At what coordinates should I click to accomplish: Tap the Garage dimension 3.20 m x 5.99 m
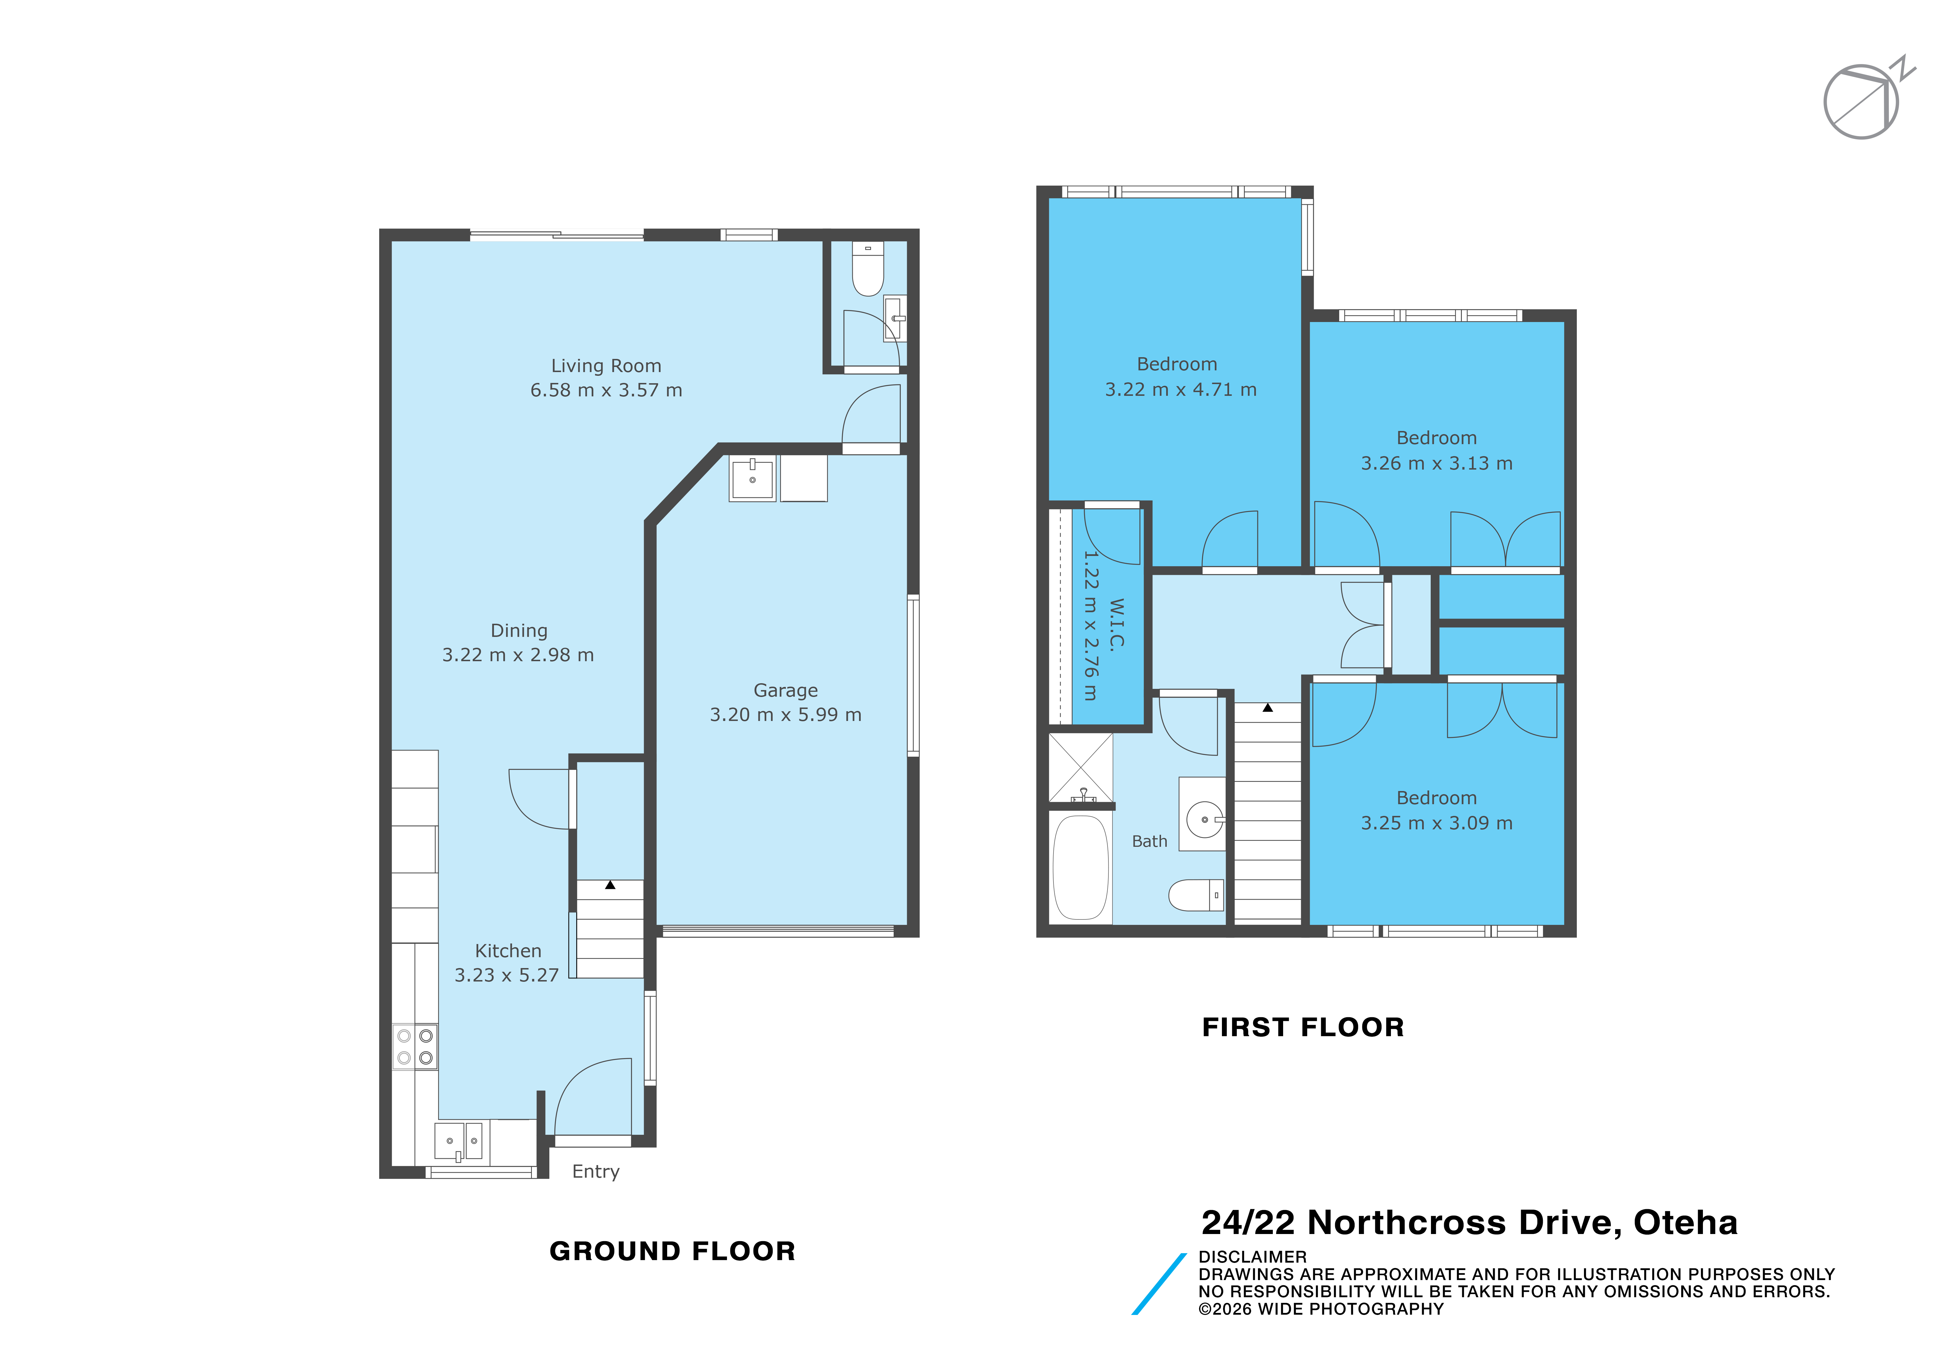[786, 715]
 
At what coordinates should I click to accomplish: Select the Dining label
[519, 631]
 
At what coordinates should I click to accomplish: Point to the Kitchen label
[508, 951]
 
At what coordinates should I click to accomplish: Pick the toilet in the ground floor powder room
[868, 268]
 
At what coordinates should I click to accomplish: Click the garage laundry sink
[752, 479]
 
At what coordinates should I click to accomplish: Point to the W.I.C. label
[1117, 625]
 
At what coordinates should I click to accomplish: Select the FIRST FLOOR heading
[1303, 1027]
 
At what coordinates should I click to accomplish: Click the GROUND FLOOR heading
[672, 1251]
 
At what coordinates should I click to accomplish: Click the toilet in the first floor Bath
[1196, 895]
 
